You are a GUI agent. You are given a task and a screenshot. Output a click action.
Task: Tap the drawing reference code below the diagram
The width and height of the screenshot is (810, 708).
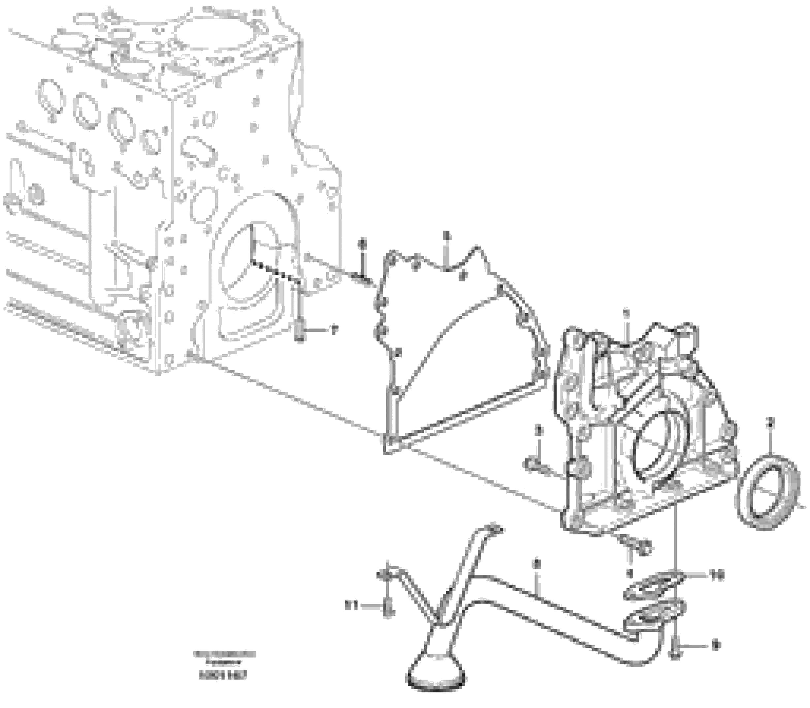pyautogui.click(x=225, y=676)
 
